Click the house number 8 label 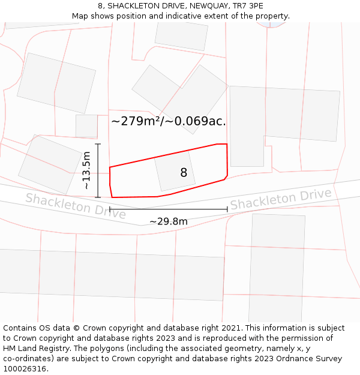point(184,173)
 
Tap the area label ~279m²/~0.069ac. point(169,121)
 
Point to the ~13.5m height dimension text point(87,170)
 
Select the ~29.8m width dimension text point(169,221)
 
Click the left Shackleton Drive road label point(76,206)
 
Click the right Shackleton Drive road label point(281,199)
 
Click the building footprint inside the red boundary point(175,170)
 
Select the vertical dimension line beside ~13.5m point(97,170)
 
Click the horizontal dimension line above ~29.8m point(169,209)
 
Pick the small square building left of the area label point(86,126)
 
